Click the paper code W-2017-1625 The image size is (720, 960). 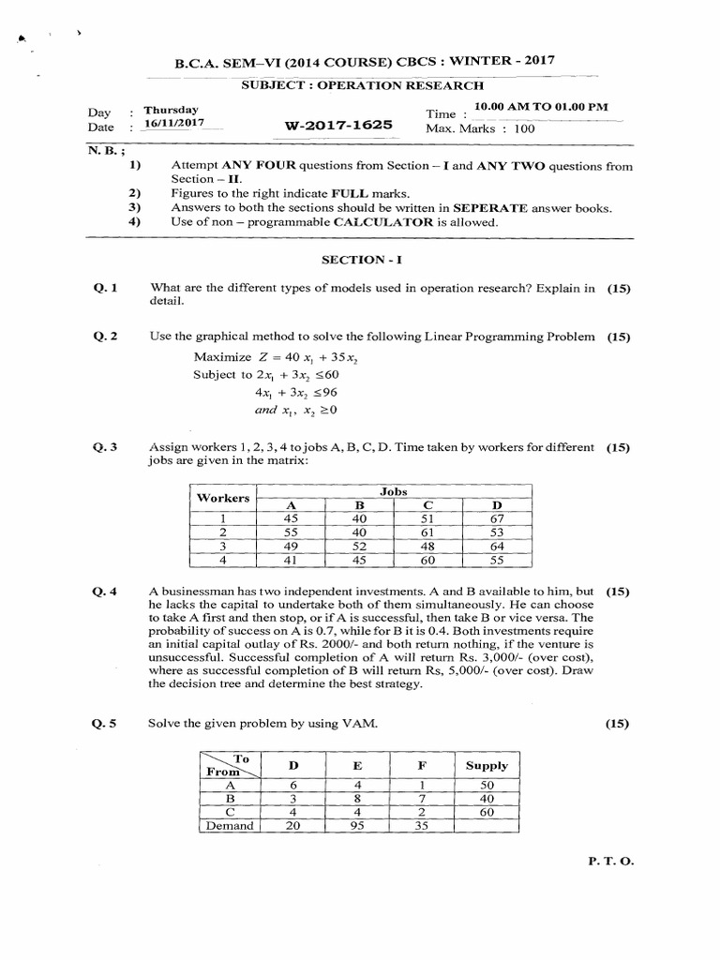tap(339, 126)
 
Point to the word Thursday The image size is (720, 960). tap(171, 110)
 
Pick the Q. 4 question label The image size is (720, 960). tap(104, 592)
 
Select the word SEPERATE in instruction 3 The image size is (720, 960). tap(484, 207)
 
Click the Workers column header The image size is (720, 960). tap(223, 497)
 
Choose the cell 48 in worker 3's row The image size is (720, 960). tap(429, 547)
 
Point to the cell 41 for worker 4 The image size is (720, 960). tap(291, 561)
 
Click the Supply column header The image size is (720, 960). tap(487, 765)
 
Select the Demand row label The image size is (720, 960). tap(230, 826)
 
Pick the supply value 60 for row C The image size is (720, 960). tap(486, 812)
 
